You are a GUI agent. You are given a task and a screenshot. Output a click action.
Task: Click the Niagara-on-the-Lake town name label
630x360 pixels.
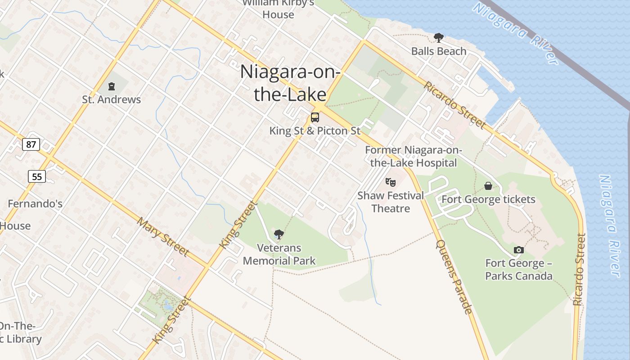(290, 83)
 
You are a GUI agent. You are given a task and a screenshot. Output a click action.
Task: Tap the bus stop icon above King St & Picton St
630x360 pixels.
(315, 117)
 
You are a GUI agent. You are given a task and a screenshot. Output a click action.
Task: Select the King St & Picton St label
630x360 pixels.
(315, 131)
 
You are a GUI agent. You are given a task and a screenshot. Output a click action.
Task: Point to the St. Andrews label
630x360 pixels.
(111, 99)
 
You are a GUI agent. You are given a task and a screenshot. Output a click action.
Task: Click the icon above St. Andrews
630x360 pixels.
(112, 86)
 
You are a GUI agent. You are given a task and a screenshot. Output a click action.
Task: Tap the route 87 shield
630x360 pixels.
(31, 144)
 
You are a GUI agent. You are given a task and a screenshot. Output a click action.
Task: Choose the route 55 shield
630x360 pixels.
(37, 176)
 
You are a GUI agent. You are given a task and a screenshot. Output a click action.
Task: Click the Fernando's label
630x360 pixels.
(35, 204)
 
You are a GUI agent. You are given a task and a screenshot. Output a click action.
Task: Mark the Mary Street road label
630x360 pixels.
(163, 237)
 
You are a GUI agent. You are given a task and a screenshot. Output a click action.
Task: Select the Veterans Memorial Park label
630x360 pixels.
(279, 254)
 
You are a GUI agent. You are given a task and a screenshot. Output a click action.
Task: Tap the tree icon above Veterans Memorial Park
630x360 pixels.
(279, 234)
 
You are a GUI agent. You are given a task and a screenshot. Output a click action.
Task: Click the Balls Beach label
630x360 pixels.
(439, 51)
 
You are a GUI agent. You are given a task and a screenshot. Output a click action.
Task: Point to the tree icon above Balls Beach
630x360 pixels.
(438, 38)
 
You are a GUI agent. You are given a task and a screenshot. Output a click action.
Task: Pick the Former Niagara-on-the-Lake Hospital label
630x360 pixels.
(413, 156)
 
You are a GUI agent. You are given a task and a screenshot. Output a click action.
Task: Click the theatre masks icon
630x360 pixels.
(391, 182)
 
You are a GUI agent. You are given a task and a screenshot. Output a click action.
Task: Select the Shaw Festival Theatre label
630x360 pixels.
(391, 202)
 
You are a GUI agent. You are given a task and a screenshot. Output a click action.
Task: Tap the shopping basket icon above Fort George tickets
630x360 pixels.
(488, 186)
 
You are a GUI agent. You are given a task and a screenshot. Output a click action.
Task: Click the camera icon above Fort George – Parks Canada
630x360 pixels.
(518, 250)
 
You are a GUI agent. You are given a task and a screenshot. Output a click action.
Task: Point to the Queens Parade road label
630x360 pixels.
(454, 277)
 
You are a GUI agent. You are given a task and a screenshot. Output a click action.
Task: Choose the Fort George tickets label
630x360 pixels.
(489, 199)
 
